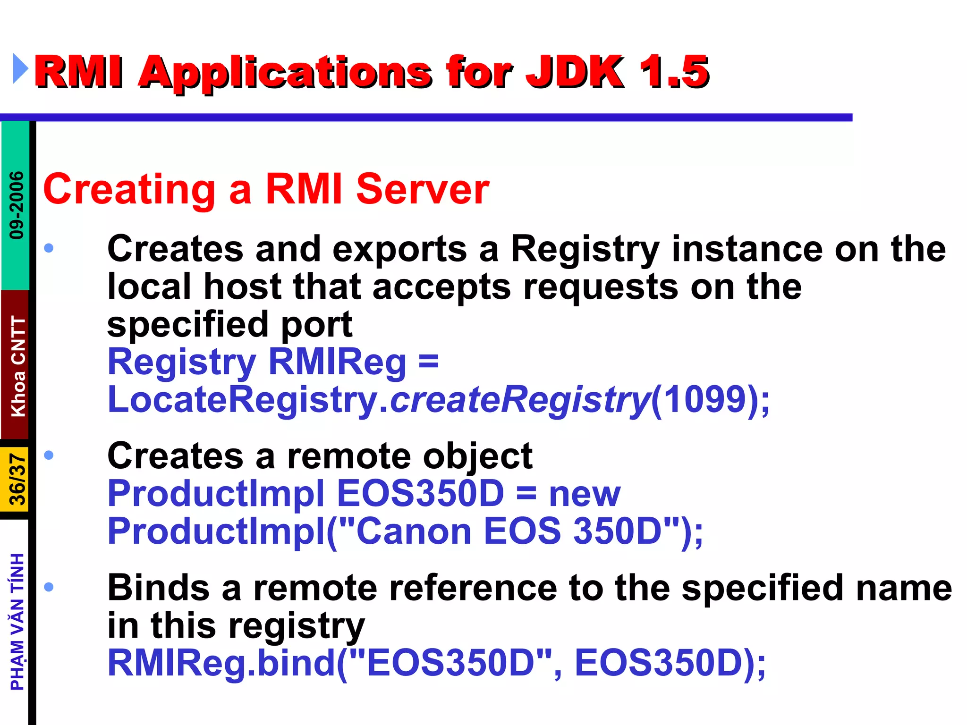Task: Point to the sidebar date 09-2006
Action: coord(17,205)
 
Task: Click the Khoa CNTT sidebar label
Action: coord(18,366)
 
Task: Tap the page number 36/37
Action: coord(18,480)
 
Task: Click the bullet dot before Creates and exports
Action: coord(49,248)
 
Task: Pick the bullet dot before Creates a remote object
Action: coord(49,455)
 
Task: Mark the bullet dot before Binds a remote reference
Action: coord(49,587)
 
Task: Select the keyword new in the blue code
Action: coord(585,494)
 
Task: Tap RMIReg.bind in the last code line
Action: coord(222,663)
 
